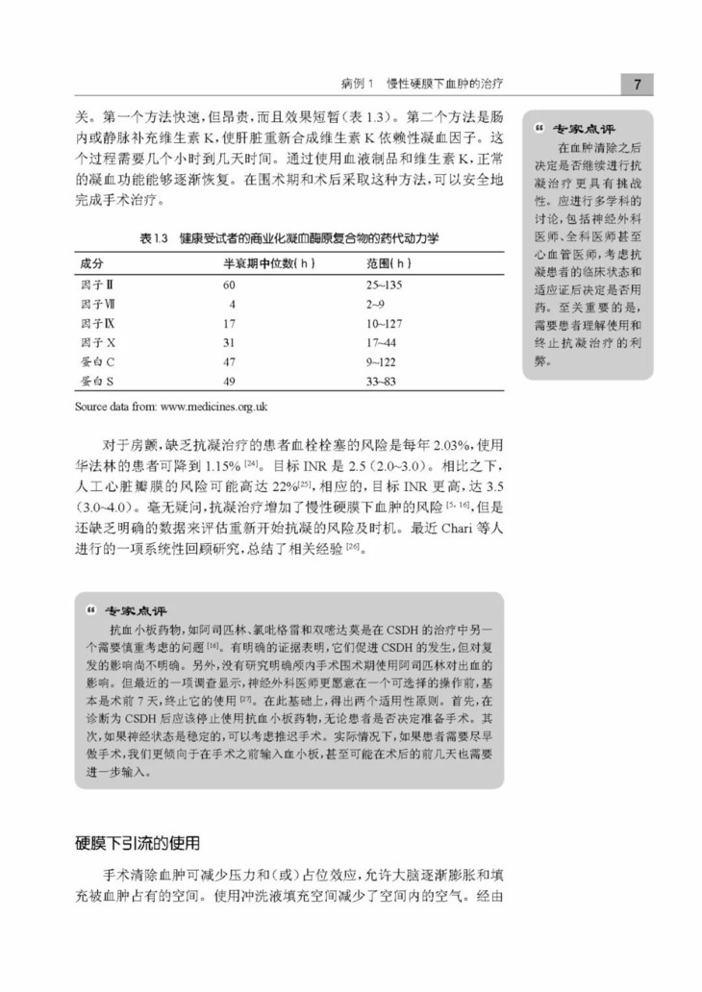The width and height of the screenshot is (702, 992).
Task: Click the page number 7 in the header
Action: coord(637,86)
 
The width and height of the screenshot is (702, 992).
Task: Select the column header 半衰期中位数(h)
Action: coord(270,263)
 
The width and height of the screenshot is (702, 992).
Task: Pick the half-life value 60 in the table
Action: coord(230,285)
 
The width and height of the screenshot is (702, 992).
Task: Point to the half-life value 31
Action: coord(230,342)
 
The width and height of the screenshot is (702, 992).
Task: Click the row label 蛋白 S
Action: coord(97,381)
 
